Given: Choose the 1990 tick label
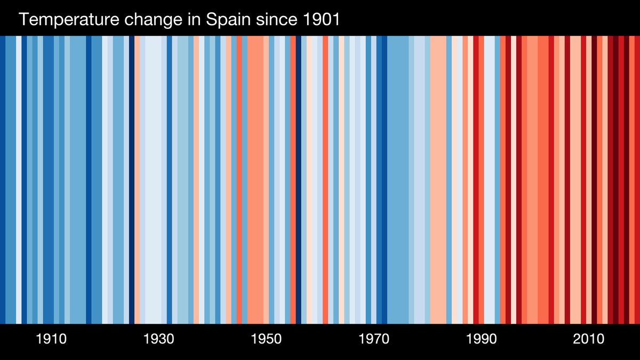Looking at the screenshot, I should tap(481, 339).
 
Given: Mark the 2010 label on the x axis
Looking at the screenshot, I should tap(588, 339).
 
